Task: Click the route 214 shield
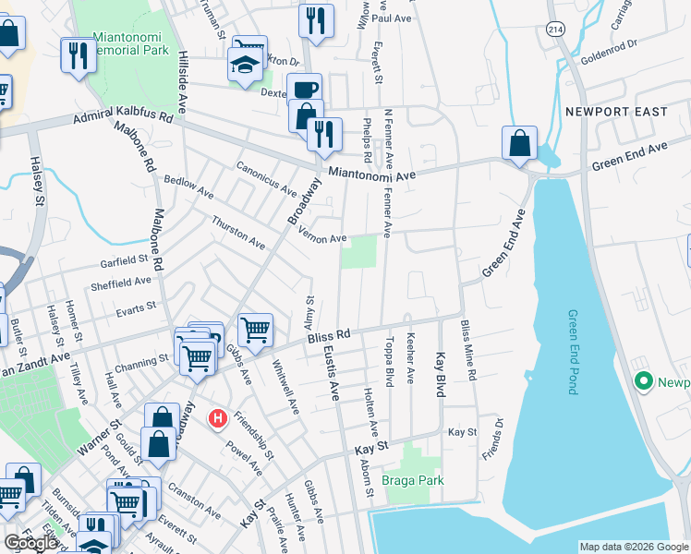554,30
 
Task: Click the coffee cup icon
304,90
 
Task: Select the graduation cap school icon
245,66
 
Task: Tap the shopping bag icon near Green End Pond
520,143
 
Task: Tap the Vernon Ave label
322,236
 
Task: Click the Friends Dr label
499,436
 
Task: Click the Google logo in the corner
30,543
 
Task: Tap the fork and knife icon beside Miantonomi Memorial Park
76,55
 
